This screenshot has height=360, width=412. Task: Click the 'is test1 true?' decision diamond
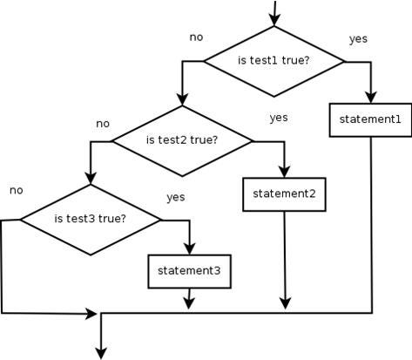(274, 61)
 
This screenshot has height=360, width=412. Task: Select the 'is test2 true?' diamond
(182, 141)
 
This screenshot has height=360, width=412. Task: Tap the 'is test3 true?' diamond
(91, 220)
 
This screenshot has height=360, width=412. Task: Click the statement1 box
(370, 119)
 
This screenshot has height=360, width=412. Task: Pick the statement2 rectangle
(284, 194)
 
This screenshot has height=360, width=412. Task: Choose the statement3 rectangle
(190, 271)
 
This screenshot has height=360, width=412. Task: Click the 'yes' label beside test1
(358, 39)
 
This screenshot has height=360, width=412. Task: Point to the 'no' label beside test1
(196, 37)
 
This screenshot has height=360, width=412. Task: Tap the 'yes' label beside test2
(279, 118)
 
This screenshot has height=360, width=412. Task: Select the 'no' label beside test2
(103, 124)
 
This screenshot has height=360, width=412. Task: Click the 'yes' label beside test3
(176, 197)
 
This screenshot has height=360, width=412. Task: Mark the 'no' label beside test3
(17, 191)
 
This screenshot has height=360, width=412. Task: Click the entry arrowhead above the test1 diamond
(274, 21)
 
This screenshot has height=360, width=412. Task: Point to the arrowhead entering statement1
(371, 98)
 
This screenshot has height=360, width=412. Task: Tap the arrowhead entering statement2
(284, 172)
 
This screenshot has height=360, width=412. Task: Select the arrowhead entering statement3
(190, 249)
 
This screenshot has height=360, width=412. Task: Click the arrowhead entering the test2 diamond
(182, 100)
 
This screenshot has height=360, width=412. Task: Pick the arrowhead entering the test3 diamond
(91, 179)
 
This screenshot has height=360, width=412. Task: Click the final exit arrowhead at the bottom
(101, 354)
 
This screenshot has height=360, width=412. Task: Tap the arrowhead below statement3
(189, 304)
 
